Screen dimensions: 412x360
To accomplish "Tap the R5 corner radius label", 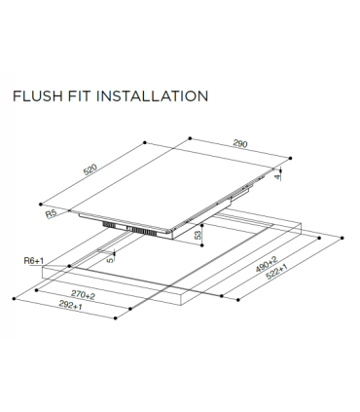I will point(52,212).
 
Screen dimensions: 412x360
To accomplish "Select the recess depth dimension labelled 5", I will point(111,260).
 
